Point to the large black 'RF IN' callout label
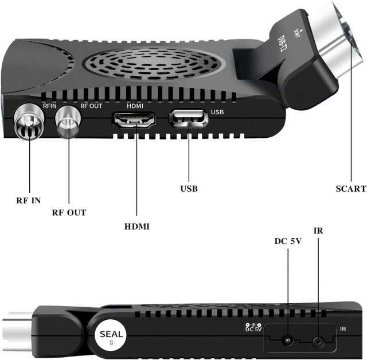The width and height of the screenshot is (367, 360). click(x=29, y=201)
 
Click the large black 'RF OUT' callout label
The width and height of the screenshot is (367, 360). click(x=69, y=212)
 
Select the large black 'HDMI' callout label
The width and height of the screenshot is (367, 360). click(x=137, y=227)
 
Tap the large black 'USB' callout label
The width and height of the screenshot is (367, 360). click(x=189, y=188)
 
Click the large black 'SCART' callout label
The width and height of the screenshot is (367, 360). click(x=350, y=188)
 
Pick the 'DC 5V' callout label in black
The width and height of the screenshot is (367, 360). click(x=287, y=241)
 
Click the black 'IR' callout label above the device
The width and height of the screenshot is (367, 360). click(x=318, y=231)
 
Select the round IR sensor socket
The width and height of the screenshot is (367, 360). click(x=317, y=341)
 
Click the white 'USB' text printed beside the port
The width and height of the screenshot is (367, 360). click(x=217, y=112)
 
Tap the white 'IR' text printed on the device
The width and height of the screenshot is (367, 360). click(x=342, y=329)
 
